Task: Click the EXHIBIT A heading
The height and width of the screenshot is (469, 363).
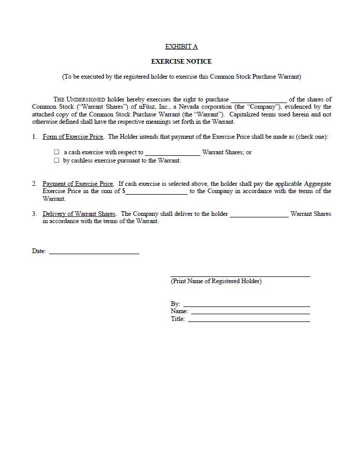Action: pyautogui.click(x=181, y=47)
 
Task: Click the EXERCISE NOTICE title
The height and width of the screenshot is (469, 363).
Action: pyautogui.click(x=181, y=61)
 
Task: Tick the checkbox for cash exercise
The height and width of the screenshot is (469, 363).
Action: pyautogui.click(x=57, y=152)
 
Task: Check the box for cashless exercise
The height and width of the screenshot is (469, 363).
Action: pyautogui.click(x=57, y=160)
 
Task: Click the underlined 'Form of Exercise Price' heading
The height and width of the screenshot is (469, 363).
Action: pyautogui.click(x=73, y=137)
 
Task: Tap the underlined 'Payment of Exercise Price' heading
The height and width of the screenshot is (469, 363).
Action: pyautogui.click(x=78, y=184)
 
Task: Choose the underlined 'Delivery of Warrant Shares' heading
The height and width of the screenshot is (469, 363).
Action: pyautogui.click(x=79, y=214)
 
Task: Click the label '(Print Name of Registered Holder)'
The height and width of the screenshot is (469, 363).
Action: pyautogui.click(x=216, y=281)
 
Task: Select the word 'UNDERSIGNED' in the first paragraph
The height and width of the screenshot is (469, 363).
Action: pyautogui.click(x=86, y=99)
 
